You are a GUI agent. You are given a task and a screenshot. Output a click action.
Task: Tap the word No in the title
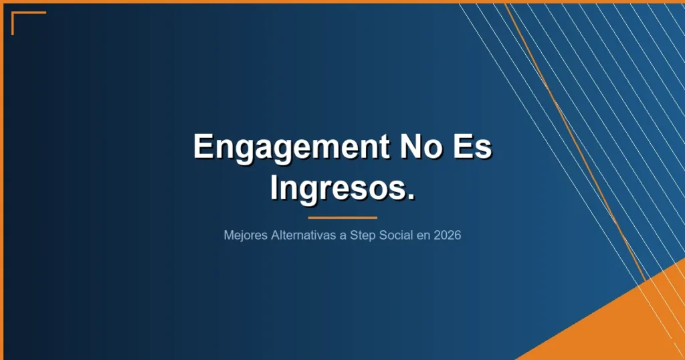[x=419, y=146]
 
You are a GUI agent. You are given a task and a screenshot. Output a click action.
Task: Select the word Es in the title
[x=472, y=146]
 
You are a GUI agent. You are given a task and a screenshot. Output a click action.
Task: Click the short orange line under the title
[x=342, y=217]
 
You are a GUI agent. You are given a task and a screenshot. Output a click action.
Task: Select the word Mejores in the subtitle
[x=243, y=236]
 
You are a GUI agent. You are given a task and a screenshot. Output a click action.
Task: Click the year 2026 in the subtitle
[x=447, y=236]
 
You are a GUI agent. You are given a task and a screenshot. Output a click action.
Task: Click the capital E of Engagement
[x=202, y=146]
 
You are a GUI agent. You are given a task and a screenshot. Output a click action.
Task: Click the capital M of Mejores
[x=229, y=236]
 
